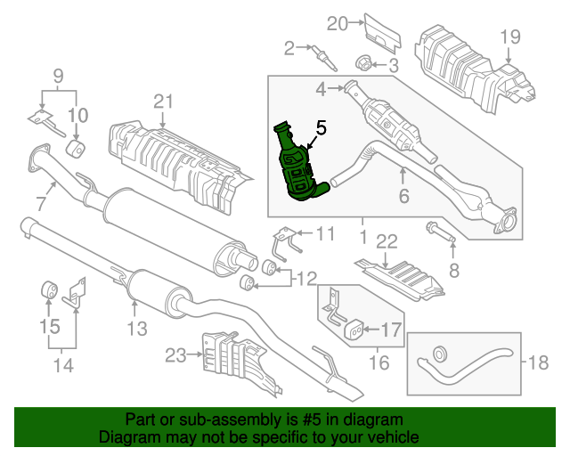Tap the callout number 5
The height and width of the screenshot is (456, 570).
pos(321,128)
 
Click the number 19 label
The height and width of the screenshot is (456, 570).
pos(509,37)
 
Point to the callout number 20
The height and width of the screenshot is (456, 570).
pos(336,21)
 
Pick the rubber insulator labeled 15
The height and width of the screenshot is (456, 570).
pos(51,289)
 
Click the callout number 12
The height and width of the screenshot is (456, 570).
pos(305,279)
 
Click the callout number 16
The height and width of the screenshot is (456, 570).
pos(379,362)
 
